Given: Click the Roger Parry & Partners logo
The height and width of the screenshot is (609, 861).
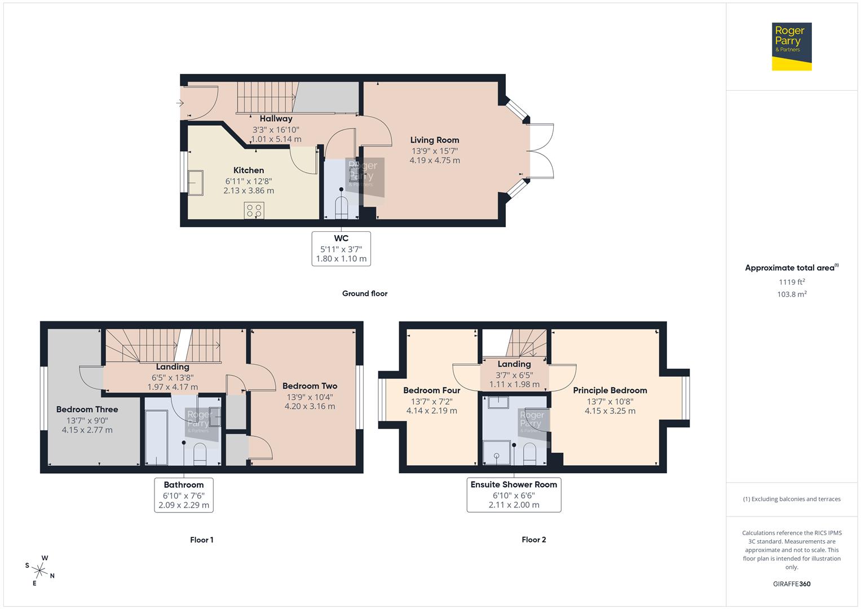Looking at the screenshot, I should point(791,46).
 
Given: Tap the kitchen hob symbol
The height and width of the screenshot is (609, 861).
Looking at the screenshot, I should point(254,211).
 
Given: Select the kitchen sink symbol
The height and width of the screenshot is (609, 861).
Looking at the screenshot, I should point(195,183).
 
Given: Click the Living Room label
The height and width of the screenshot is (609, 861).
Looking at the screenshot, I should point(434,140).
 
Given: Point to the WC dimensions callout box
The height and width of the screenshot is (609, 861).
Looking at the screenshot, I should point(341,249).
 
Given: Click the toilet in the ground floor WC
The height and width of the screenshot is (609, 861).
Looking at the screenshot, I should point(342,208).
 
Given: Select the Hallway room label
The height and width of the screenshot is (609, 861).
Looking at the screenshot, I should point(276,119).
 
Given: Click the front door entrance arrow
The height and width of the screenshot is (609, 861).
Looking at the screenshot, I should point(180,103).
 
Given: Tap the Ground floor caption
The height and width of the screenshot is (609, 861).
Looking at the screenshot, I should point(365,294).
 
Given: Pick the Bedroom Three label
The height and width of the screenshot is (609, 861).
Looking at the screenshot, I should point(87,410).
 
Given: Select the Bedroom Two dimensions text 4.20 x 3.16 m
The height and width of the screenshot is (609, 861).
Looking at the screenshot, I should point(310,407).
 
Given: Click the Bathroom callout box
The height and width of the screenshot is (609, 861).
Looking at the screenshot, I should point(184,495).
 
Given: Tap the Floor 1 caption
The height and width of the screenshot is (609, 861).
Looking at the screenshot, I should point(201,540).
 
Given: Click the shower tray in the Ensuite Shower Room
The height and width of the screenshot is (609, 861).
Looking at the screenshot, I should point(497,453).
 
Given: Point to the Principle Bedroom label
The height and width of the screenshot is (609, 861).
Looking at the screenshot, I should point(610,391).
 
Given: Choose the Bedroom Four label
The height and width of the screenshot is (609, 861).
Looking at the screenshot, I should point(431,391).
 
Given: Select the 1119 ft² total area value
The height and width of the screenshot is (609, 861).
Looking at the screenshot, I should point(792,282).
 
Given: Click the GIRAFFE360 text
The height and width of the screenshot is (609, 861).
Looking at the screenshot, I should point(792,584).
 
